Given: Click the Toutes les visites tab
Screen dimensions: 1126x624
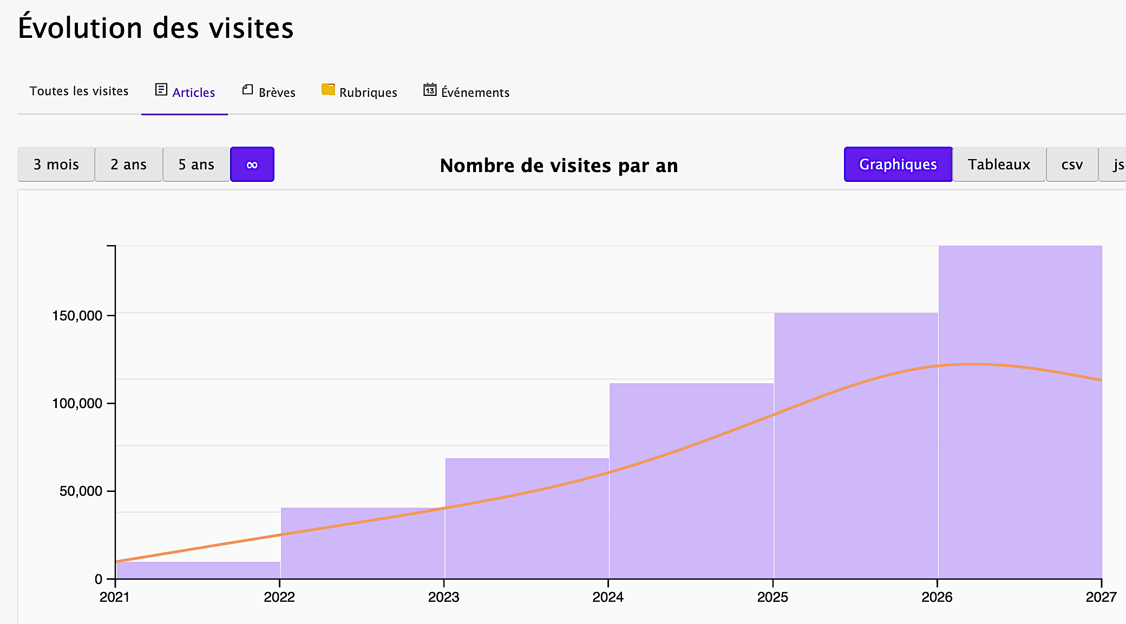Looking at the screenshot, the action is coord(79,91).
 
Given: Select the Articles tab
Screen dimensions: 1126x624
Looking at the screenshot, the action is coord(185,91).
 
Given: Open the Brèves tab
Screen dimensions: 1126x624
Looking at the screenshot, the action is coord(269,91).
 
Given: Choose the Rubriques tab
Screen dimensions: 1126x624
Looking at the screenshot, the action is coord(359,91).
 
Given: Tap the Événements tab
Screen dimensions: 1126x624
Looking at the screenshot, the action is coord(466,91).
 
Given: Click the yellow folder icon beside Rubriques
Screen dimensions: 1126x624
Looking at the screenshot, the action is coord(328,89).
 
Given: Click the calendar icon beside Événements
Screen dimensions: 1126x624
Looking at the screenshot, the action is coord(430,89).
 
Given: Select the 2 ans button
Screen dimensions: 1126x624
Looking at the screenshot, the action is coord(129,164).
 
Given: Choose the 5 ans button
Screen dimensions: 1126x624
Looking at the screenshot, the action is coord(197,164).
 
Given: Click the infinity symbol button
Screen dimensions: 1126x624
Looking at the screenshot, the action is coord(252,164).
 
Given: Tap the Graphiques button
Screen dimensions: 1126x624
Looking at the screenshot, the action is coord(898,164).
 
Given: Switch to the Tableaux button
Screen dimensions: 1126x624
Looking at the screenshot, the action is coord(999,164).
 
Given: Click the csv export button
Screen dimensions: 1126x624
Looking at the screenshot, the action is coord(1072,164).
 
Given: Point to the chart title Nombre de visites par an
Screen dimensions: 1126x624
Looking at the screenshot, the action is coord(559,165).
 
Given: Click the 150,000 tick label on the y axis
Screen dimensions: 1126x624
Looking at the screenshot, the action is coord(77,316).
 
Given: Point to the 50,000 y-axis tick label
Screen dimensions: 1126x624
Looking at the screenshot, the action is coord(81,491).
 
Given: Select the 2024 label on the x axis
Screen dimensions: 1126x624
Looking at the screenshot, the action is coord(608,597).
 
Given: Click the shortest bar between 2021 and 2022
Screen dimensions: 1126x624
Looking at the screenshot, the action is coord(198,570).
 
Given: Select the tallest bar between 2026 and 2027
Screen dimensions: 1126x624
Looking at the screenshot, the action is coord(1020,412).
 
